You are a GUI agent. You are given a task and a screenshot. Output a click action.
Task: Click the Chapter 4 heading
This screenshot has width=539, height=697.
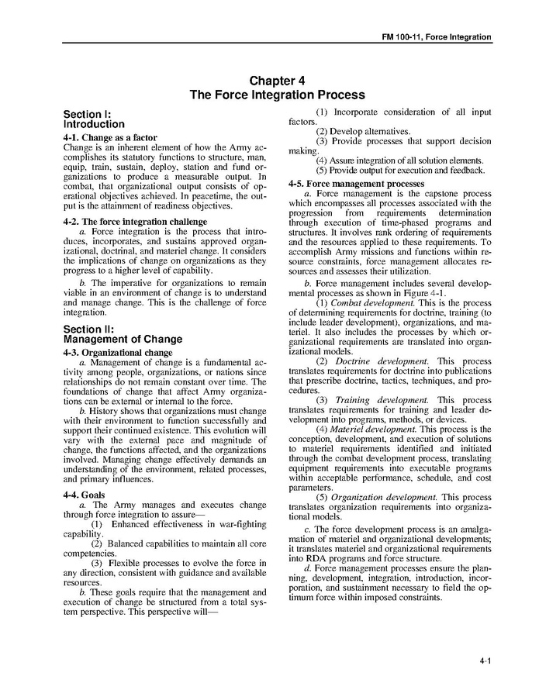(x=277, y=81)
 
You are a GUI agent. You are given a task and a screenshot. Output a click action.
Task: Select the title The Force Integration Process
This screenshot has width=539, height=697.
(x=277, y=95)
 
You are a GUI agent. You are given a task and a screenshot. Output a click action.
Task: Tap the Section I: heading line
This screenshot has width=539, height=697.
(x=88, y=113)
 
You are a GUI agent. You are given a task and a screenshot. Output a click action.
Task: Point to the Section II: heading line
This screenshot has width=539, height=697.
(x=89, y=329)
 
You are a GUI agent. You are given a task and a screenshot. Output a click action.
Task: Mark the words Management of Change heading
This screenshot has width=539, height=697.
(x=123, y=340)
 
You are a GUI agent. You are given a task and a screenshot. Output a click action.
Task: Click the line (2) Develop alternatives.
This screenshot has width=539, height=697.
(x=363, y=132)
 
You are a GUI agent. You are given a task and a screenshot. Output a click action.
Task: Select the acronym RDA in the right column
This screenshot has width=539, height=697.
(x=310, y=558)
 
